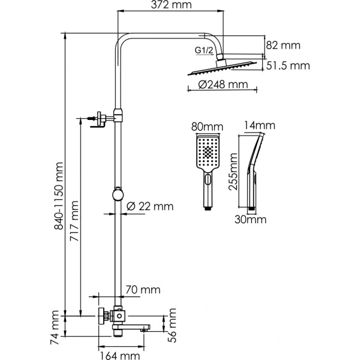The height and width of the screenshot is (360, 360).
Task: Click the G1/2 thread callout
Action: click(x=204, y=50)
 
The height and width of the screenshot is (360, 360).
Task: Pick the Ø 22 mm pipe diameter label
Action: click(x=151, y=206)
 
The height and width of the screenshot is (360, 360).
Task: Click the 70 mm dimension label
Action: click(x=143, y=290)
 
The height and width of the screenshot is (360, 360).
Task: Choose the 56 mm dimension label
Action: click(x=173, y=325)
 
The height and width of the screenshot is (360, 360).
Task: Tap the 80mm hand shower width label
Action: click(x=206, y=127)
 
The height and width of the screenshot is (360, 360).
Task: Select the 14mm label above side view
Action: click(x=260, y=125)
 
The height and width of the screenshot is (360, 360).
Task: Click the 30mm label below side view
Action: click(x=250, y=219)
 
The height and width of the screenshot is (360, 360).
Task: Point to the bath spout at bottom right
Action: click(x=144, y=326)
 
